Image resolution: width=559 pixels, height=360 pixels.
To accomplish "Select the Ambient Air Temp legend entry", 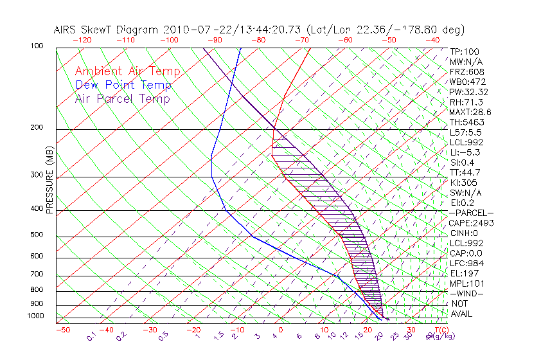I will pyautogui.click(x=127, y=71).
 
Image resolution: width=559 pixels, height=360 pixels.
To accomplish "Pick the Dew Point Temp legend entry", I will pyautogui.click(x=123, y=85).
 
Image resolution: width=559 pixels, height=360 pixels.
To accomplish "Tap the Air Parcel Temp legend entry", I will pyautogui.click(x=122, y=98).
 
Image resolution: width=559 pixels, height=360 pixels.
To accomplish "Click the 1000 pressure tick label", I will pyautogui.click(x=36, y=316).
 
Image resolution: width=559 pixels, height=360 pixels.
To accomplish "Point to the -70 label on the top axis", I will pyautogui.click(x=301, y=40).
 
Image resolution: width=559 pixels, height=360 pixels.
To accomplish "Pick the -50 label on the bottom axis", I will pyautogui.click(x=62, y=330).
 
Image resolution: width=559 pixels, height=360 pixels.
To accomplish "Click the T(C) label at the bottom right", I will pyautogui.click(x=436, y=330).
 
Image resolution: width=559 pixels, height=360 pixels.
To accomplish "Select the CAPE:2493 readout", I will pyautogui.click(x=470, y=223).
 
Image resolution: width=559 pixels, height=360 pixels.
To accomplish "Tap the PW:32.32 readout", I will pyautogui.click(x=468, y=92).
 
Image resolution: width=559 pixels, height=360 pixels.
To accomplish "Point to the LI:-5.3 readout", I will pyautogui.click(x=465, y=152).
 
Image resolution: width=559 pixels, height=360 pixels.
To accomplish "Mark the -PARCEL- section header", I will pyautogui.click(x=471, y=213).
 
